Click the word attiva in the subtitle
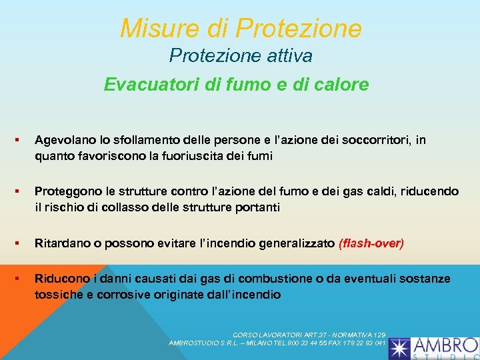(x=288, y=56)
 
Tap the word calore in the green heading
(x=344, y=85)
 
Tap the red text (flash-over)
(x=371, y=243)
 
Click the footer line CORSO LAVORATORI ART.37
(x=309, y=334)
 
